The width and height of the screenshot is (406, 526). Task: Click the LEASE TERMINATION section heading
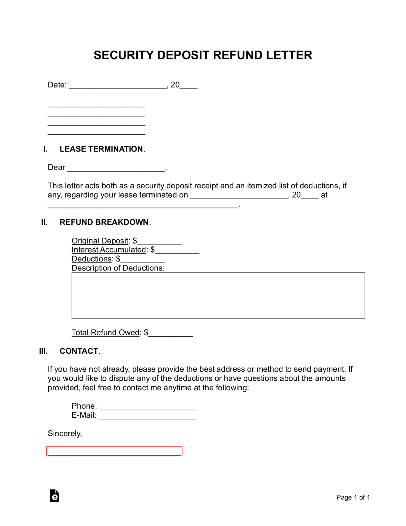click(x=101, y=149)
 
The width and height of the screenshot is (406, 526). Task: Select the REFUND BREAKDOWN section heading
click(x=104, y=222)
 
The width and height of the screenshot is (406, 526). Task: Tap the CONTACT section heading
click(x=79, y=351)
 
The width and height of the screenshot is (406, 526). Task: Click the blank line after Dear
click(x=116, y=168)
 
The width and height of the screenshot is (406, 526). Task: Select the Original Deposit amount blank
click(x=160, y=241)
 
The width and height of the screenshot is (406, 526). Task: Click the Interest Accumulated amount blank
click(x=177, y=250)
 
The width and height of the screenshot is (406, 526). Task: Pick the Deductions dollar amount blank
click(x=143, y=259)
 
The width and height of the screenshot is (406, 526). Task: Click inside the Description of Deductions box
click(x=218, y=295)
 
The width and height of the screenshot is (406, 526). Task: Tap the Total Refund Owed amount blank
click(x=171, y=333)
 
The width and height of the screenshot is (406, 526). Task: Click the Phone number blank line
click(x=148, y=407)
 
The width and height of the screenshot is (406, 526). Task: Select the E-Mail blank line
click(x=147, y=416)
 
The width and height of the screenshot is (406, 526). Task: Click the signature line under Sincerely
click(x=114, y=452)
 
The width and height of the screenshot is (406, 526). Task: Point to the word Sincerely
click(x=65, y=434)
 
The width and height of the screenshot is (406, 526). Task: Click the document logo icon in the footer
click(x=55, y=496)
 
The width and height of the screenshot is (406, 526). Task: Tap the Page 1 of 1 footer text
click(x=353, y=497)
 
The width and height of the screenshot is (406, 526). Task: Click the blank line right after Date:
click(x=118, y=86)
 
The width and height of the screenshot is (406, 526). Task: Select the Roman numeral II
click(x=44, y=222)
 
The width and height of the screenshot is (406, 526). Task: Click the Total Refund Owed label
click(x=105, y=333)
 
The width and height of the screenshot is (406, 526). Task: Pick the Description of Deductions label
click(x=118, y=268)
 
